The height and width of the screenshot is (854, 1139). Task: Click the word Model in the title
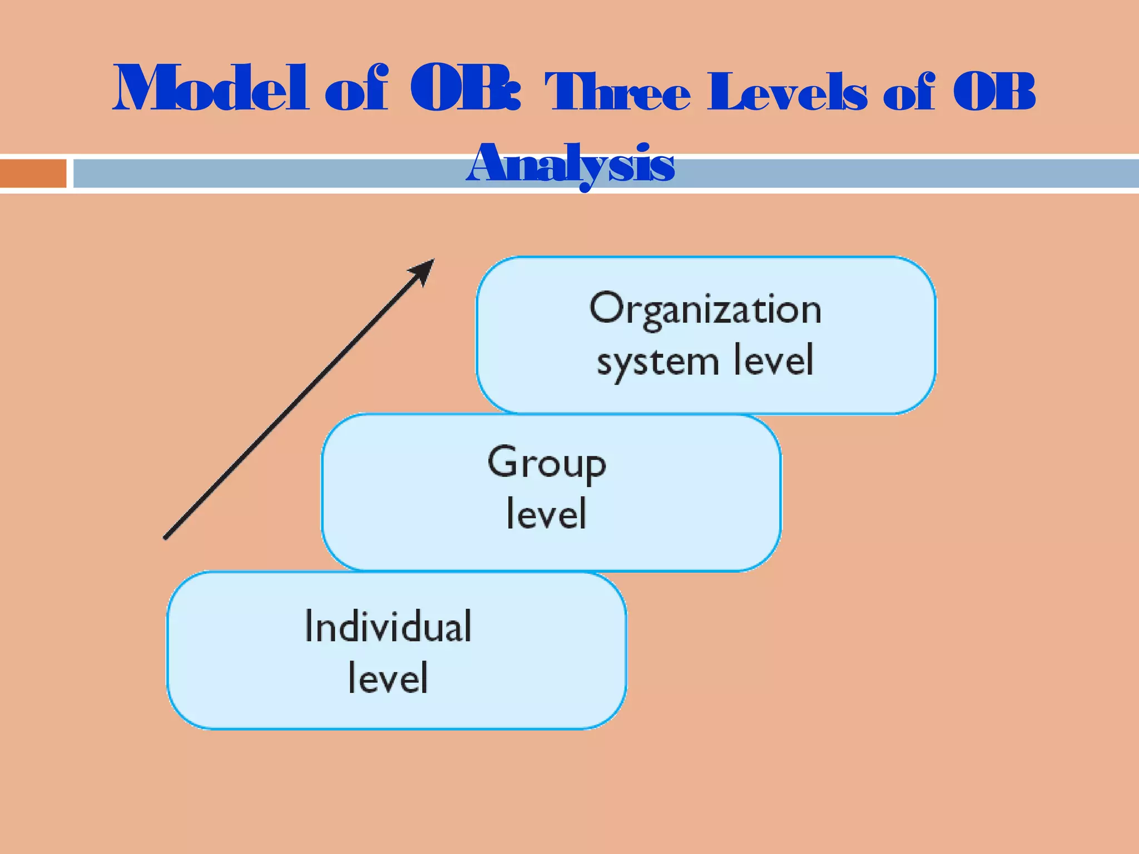tap(210, 89)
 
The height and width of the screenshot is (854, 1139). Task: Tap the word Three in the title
tap(617, 92)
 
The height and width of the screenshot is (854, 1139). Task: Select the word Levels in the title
tap(787, 92)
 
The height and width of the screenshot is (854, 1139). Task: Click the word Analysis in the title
tap(571, 165)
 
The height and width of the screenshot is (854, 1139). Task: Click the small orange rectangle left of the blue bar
tap(33, 173)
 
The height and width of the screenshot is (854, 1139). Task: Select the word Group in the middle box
tap(547, 464)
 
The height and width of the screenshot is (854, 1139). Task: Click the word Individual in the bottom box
tap(388, 627)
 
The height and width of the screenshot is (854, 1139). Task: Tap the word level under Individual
tap(388, 678)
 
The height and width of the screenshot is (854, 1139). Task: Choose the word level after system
tap(774, 360)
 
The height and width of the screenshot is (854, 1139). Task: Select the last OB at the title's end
tap(994, 92)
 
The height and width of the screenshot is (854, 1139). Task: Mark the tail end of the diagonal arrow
tap(166, 537)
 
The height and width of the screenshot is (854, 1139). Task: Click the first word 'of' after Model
tap(356, 89)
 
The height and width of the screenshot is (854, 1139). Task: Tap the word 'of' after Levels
tap(909, 92)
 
